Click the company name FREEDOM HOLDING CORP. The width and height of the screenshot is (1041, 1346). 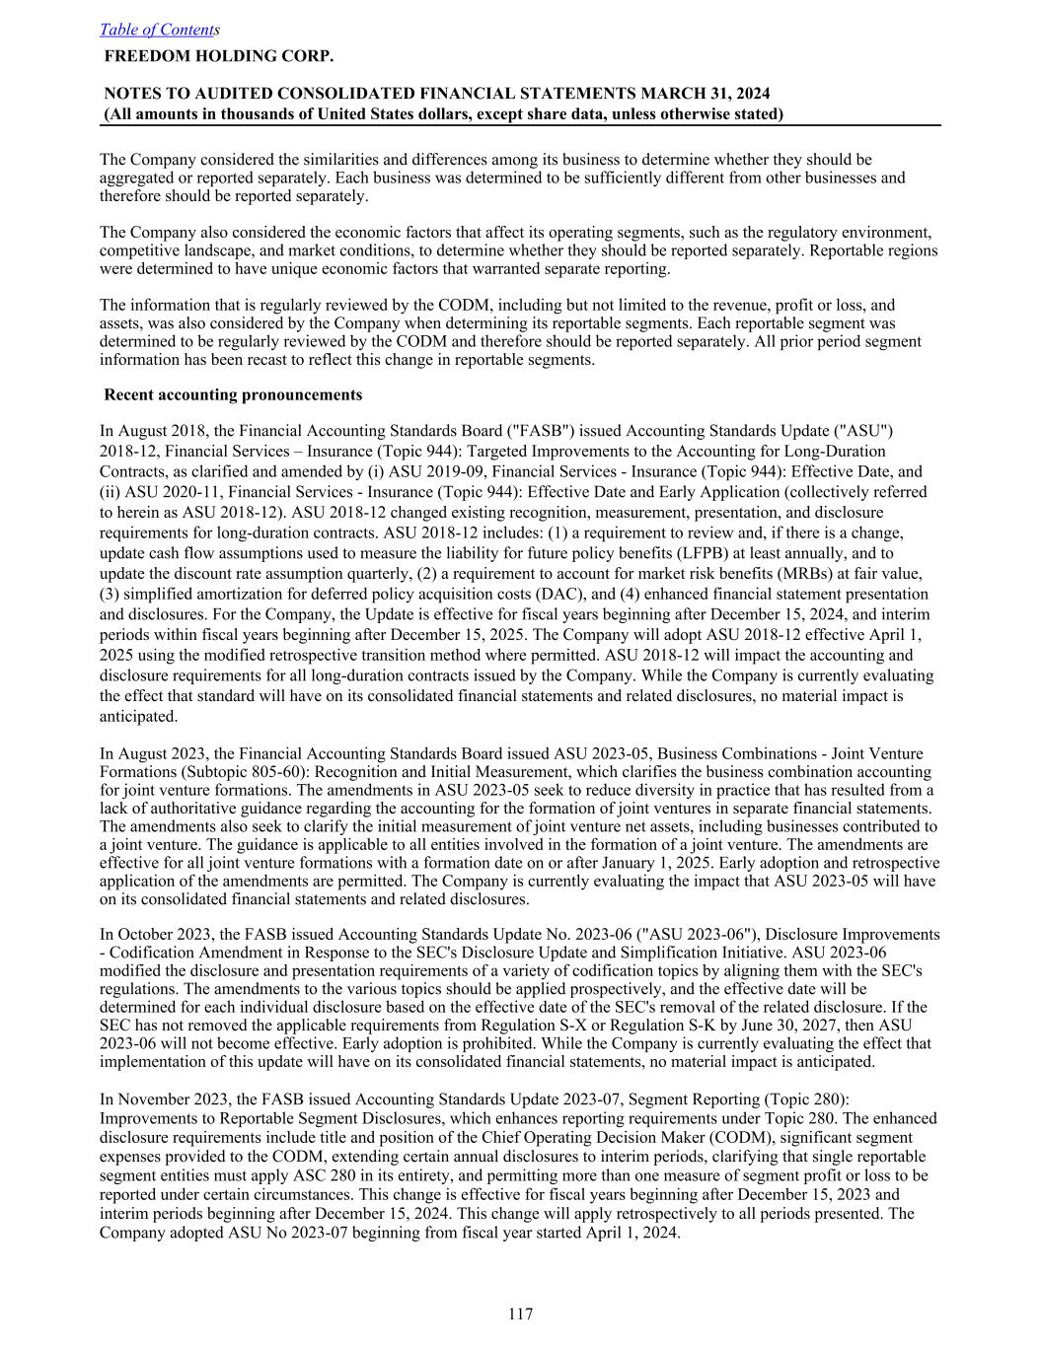click(x=218, y=56)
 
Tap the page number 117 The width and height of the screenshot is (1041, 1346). click(x=520, y=1313)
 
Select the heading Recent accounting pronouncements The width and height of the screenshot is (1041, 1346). click(x=233, y=394)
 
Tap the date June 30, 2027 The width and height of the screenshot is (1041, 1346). click(x=829, y=1025)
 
